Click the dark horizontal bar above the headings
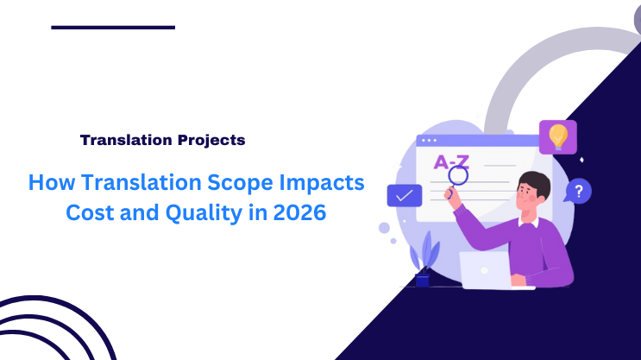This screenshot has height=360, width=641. point(113,28)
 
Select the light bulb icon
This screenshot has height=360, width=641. point(558,136)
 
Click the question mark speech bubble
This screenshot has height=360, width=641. point(579,190)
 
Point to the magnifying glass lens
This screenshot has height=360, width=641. point(458,175)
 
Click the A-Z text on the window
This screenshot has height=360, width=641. point(450,161)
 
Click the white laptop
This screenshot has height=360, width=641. point(485,269)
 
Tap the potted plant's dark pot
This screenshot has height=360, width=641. point(423,280)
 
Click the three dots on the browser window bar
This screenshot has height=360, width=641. point(429,140)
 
